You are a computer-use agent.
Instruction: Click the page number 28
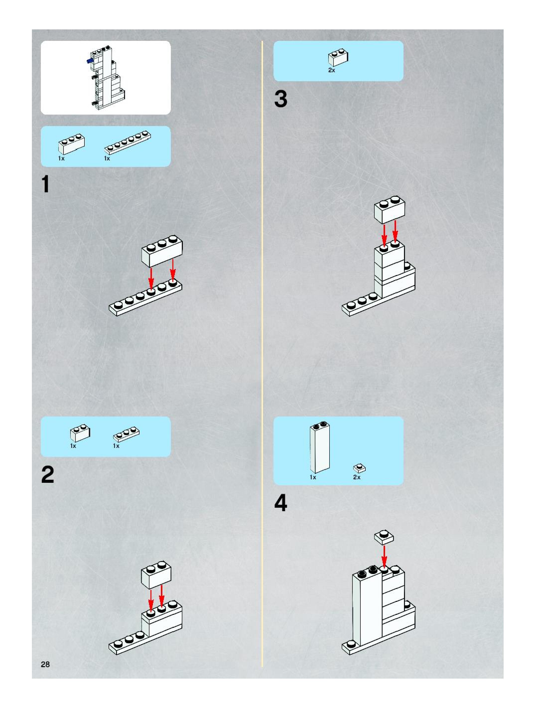click(45, 664)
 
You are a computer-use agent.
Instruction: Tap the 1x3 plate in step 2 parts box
click(126, 435)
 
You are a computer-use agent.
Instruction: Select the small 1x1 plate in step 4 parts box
click(359, 468)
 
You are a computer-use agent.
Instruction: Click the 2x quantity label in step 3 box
click(332, 70)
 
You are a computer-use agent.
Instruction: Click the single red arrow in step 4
click(384, 556)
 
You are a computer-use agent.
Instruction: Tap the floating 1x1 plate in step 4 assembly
click(384, 537)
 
